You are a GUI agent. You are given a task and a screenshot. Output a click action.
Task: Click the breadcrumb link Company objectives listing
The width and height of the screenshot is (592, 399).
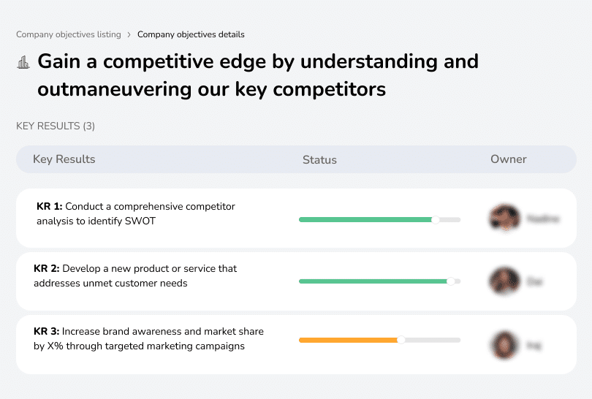tap(69, 34)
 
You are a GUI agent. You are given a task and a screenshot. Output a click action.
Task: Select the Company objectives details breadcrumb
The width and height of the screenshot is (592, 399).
tap(191, 34)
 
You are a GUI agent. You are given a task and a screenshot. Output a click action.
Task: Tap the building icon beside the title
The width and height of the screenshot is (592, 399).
tap(23, 62)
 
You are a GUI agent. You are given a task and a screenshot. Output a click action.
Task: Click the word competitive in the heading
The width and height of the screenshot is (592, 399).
tap(154, 61)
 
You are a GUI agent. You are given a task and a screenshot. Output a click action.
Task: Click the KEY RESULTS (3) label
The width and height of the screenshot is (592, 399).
tap(56, 126)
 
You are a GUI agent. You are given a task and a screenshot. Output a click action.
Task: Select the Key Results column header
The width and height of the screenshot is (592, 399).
tap(64, 159)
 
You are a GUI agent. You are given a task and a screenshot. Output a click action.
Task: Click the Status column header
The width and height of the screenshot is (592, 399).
tap(319, 159)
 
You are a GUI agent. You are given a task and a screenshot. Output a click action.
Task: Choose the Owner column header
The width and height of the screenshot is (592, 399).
tap(509, 159)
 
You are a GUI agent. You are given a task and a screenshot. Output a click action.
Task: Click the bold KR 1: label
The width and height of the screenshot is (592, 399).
tap(49, 207)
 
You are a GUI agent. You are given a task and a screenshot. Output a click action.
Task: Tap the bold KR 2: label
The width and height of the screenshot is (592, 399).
tap(47, 269)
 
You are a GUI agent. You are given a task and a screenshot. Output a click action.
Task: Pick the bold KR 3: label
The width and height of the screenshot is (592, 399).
tap(47, 332)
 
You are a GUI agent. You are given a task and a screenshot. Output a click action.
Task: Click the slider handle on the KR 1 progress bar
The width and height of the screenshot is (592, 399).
tap(436, 219)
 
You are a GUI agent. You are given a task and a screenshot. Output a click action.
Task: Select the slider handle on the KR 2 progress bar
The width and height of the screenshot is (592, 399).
tap(451, 281)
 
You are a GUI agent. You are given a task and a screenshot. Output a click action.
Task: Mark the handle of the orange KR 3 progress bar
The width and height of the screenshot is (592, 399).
tap(401, 340)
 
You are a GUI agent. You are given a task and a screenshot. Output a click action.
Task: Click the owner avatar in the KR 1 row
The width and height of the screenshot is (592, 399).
tap(504, 218)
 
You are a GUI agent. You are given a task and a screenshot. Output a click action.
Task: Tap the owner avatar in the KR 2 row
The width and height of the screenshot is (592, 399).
tap(504, 281)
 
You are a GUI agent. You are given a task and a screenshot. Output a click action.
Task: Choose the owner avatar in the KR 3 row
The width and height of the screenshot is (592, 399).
tap(504, 344)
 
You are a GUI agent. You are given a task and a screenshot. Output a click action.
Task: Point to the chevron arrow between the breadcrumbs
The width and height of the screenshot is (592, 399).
tap(129, 34)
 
